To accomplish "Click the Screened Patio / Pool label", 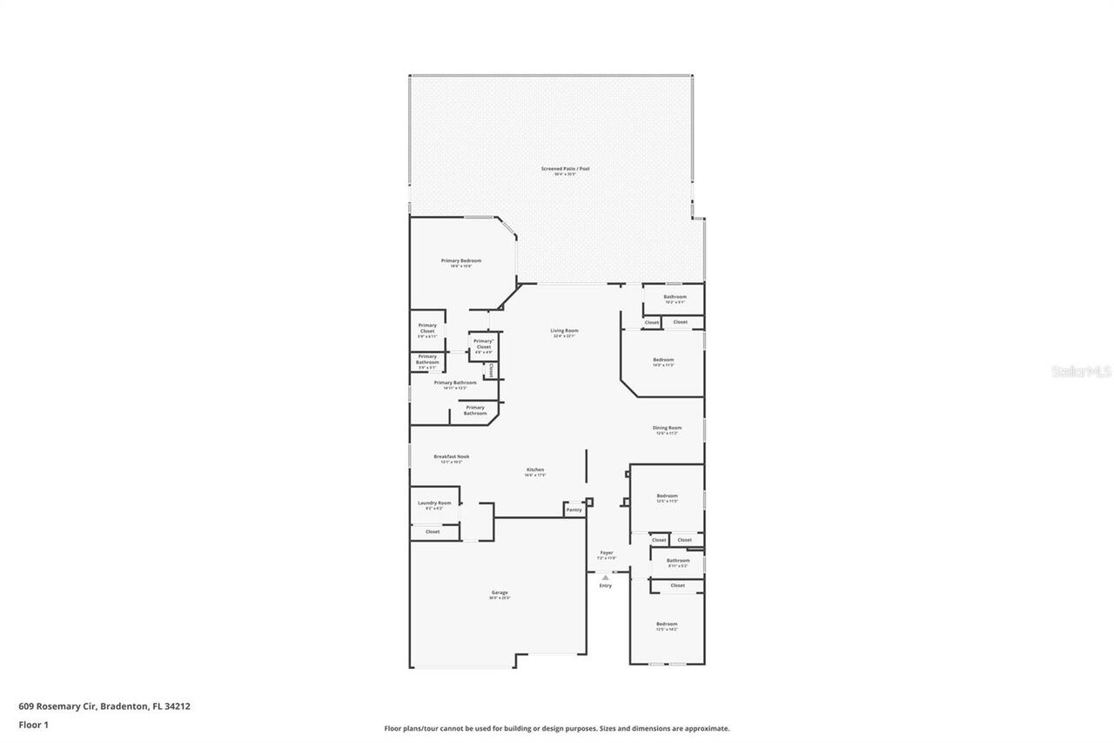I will (565, 169).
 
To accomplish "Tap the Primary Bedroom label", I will (460, 260).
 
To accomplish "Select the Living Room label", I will (564, 331).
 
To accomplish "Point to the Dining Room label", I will (667, 428).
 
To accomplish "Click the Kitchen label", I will (534, 469).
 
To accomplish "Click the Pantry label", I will (574, 510).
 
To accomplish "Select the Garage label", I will (499, 592).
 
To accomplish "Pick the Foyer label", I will (606, 553).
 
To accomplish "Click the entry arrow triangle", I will (606, 578).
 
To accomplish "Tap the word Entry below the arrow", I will (606, 585).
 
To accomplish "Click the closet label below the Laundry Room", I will (433, 531).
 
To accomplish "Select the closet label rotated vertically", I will (491, 370).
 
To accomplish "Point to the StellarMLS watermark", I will (1081, 371).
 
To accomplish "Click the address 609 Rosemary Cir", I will (57, 706).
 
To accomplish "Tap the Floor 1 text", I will (33, 725).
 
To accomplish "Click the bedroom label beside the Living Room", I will (663, 360).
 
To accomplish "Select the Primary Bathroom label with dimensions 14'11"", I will (454, 382).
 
